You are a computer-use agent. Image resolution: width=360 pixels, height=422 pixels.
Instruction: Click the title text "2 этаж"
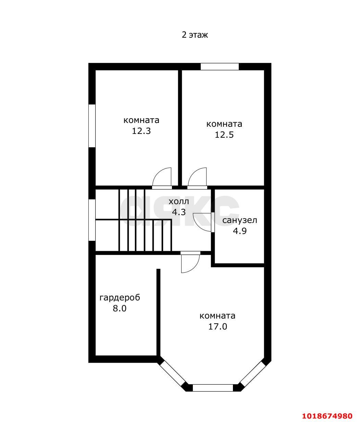pos(195,35)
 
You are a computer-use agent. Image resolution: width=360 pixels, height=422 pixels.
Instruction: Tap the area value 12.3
pos(141,131)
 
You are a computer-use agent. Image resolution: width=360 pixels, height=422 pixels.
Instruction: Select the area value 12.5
pos(224,135)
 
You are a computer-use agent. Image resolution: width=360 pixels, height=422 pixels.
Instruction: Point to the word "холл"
pos(179,202)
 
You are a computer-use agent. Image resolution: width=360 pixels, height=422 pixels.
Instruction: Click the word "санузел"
pos(239,221)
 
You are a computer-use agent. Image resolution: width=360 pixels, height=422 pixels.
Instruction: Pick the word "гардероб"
pos(120,298)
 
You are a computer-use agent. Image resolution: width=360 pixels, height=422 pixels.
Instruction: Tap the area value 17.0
pos(218,327)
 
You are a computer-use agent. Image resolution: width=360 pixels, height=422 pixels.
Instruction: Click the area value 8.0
pos(120,308)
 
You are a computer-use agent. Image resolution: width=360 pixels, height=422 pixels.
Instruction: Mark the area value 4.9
pos(240,231)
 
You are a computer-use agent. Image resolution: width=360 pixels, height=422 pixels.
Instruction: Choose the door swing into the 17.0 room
pos(195,268)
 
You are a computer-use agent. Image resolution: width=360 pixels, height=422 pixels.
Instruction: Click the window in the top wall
pos(220,66)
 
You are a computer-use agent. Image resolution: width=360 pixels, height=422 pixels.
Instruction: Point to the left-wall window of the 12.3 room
pos(92,126)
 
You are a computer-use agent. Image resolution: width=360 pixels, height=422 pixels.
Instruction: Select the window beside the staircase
pos(92,220)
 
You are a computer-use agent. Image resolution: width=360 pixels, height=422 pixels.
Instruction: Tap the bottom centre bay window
pos(213,388)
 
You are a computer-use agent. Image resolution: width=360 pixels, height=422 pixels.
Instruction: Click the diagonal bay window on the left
pos(172,374)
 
